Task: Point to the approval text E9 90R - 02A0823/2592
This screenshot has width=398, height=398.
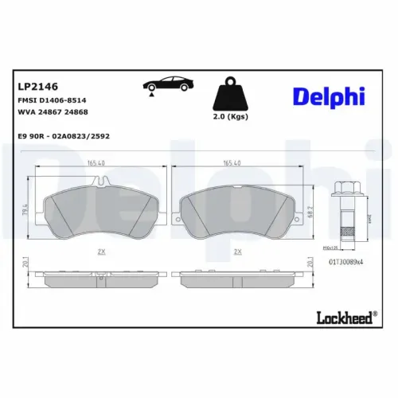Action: click(x=64, y=136)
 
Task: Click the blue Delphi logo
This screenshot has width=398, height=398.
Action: click(x=328, y=96)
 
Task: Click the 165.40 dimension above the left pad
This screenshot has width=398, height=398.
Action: click(x=96, y=162)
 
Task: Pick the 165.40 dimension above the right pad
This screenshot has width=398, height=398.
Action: click(x=232, y=162)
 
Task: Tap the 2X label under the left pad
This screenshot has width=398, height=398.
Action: click(x=101, y=252)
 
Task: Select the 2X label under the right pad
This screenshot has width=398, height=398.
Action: click(x=236, y=252)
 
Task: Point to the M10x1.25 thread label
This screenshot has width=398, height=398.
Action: click(x=345, y=247)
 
